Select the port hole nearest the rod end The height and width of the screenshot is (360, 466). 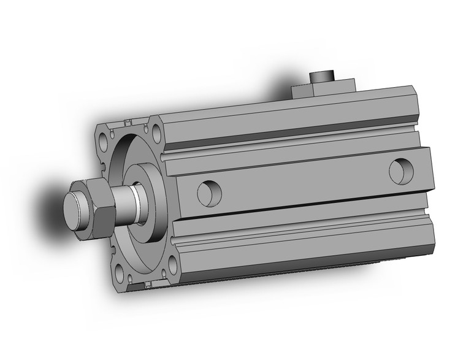coord(207,192)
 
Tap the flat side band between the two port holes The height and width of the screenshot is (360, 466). coord(300,181)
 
